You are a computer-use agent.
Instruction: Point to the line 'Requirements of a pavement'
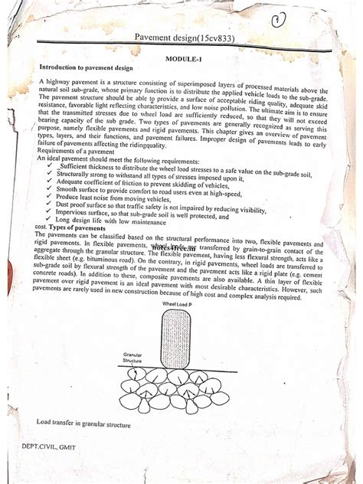pyautogui.click(x=74, y=152)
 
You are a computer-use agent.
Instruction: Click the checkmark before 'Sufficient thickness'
pyautogui.click(x=48, y=165)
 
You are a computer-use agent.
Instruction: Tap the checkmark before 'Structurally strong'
pyautogui.click(x=48, y=173)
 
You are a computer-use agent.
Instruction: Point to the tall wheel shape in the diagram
pyautogui.click(x=175, y=338)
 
